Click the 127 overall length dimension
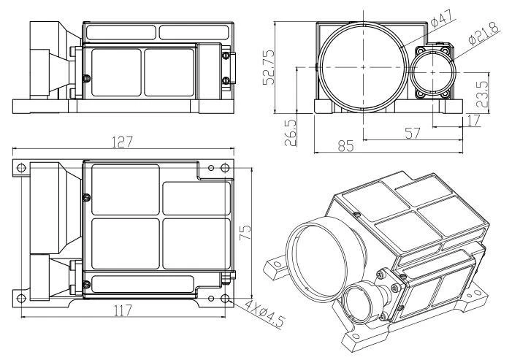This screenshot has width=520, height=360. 122,142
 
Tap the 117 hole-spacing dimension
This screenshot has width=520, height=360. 123,310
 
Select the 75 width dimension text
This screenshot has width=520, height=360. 245,232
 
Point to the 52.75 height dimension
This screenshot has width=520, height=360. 268,67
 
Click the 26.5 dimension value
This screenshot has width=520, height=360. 291,133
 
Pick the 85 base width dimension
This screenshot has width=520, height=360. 346,146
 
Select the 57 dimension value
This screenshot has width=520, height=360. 412,133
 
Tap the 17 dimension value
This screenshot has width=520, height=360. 473,120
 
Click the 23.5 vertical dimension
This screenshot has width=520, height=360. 483,94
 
